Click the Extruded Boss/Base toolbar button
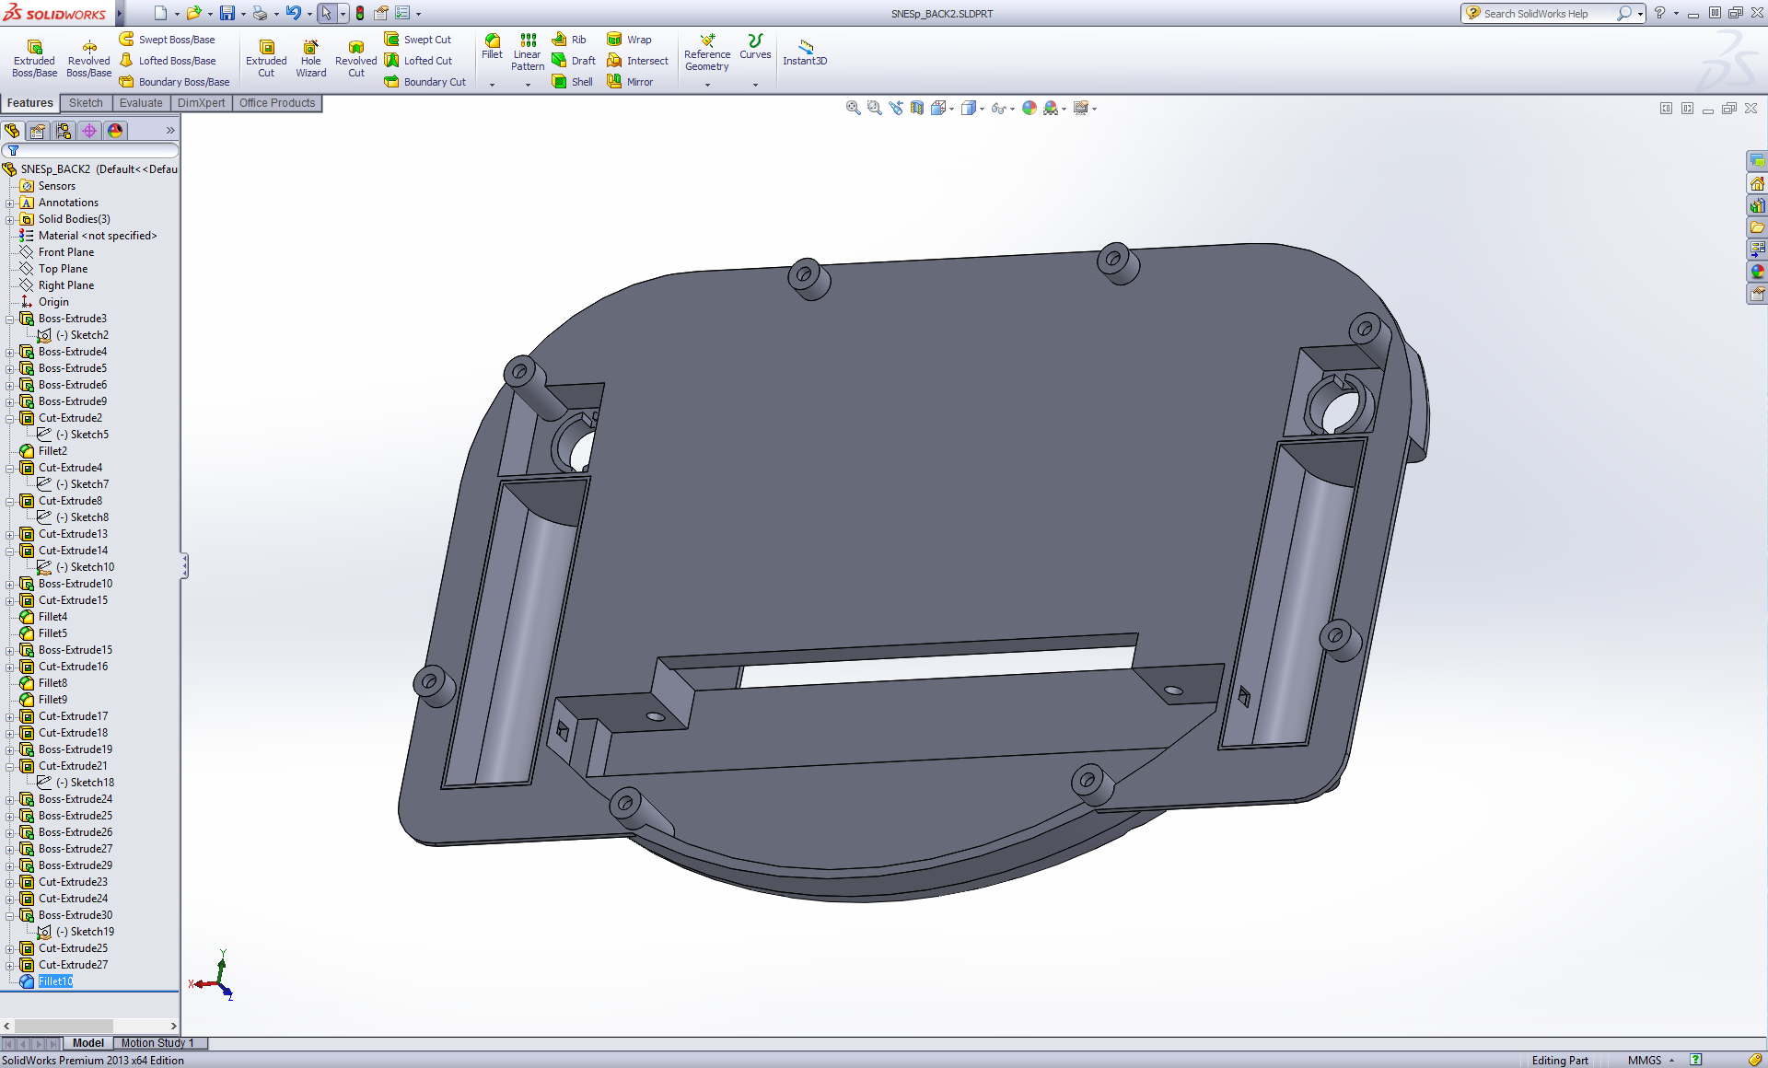point(34,58)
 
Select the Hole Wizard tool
point(311,58)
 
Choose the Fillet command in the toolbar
point(493,47)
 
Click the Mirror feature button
point(630,82)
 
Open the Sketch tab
point(86,103)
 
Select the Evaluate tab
point(141,103)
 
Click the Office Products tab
point(277,103)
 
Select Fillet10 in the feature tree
point(55,981)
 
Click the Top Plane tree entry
point(63,269)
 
